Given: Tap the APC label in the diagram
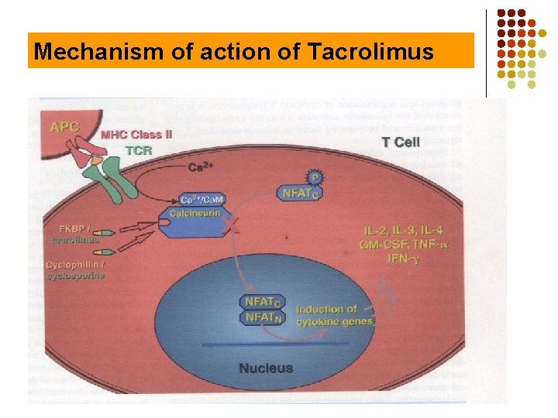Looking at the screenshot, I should click(x=63, y=126).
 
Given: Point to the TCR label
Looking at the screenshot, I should click(x=139, y=149).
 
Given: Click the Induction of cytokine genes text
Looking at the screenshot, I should click(x=334, y=315).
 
